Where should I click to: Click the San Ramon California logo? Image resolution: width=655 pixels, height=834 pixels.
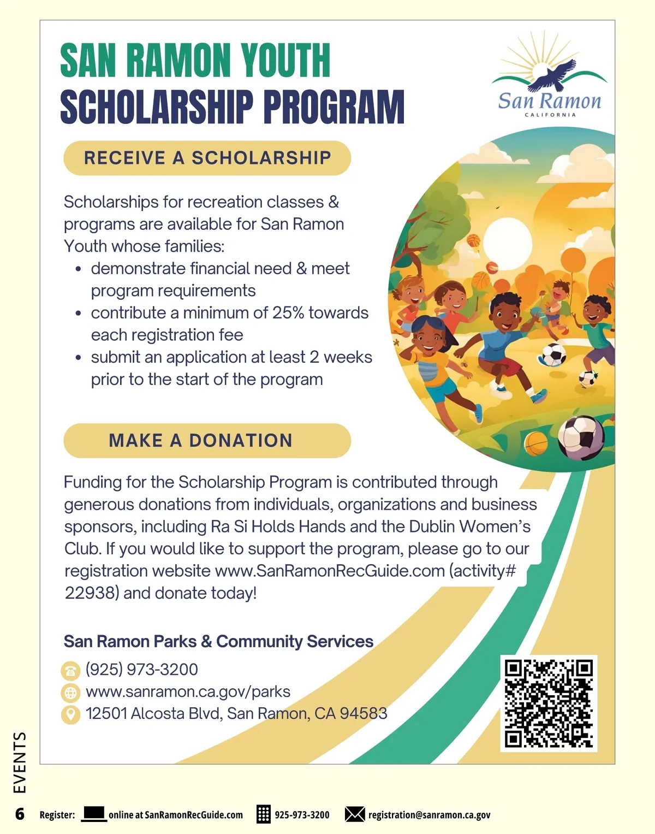[x=550, y=76]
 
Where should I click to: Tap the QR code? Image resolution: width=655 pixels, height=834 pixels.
[x=549, y=703]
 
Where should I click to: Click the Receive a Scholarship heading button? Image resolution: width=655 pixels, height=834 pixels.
[x=207, y=158]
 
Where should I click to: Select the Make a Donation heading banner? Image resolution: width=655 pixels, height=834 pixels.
[x=207, y=440]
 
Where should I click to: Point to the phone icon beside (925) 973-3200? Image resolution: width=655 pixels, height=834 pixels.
[x=70, y=670]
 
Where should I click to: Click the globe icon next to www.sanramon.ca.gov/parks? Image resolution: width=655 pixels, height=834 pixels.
[x=70, y=693]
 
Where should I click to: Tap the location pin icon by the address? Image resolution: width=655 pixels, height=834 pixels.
[x=70, y=714]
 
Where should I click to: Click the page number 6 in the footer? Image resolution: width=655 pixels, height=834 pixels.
[x=20, y=814]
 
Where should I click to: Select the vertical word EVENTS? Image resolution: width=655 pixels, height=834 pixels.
[x=20, y=762]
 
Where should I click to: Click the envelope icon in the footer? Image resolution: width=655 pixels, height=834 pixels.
[x=355, y=814]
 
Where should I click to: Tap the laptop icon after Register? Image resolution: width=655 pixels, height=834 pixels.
[x=93, y=814]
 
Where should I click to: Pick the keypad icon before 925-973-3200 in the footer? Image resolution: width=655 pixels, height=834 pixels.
[x=264, y=814]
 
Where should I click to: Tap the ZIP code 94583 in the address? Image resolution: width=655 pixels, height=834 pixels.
[x=364, y=713]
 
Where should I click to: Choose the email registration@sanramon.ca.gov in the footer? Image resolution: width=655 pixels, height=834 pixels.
[x=429, y=815]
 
